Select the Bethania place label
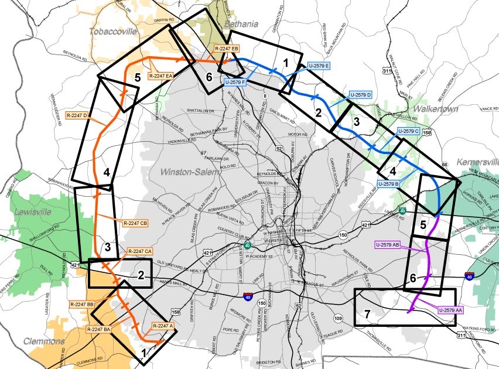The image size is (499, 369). [240, 24]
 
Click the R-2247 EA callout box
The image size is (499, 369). [160, 76]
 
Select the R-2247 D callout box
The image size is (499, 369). [78, 115]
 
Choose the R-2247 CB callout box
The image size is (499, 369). [136, 223]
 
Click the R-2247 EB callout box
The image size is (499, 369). [225, 48]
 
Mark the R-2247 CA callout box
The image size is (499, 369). [141, 251]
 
